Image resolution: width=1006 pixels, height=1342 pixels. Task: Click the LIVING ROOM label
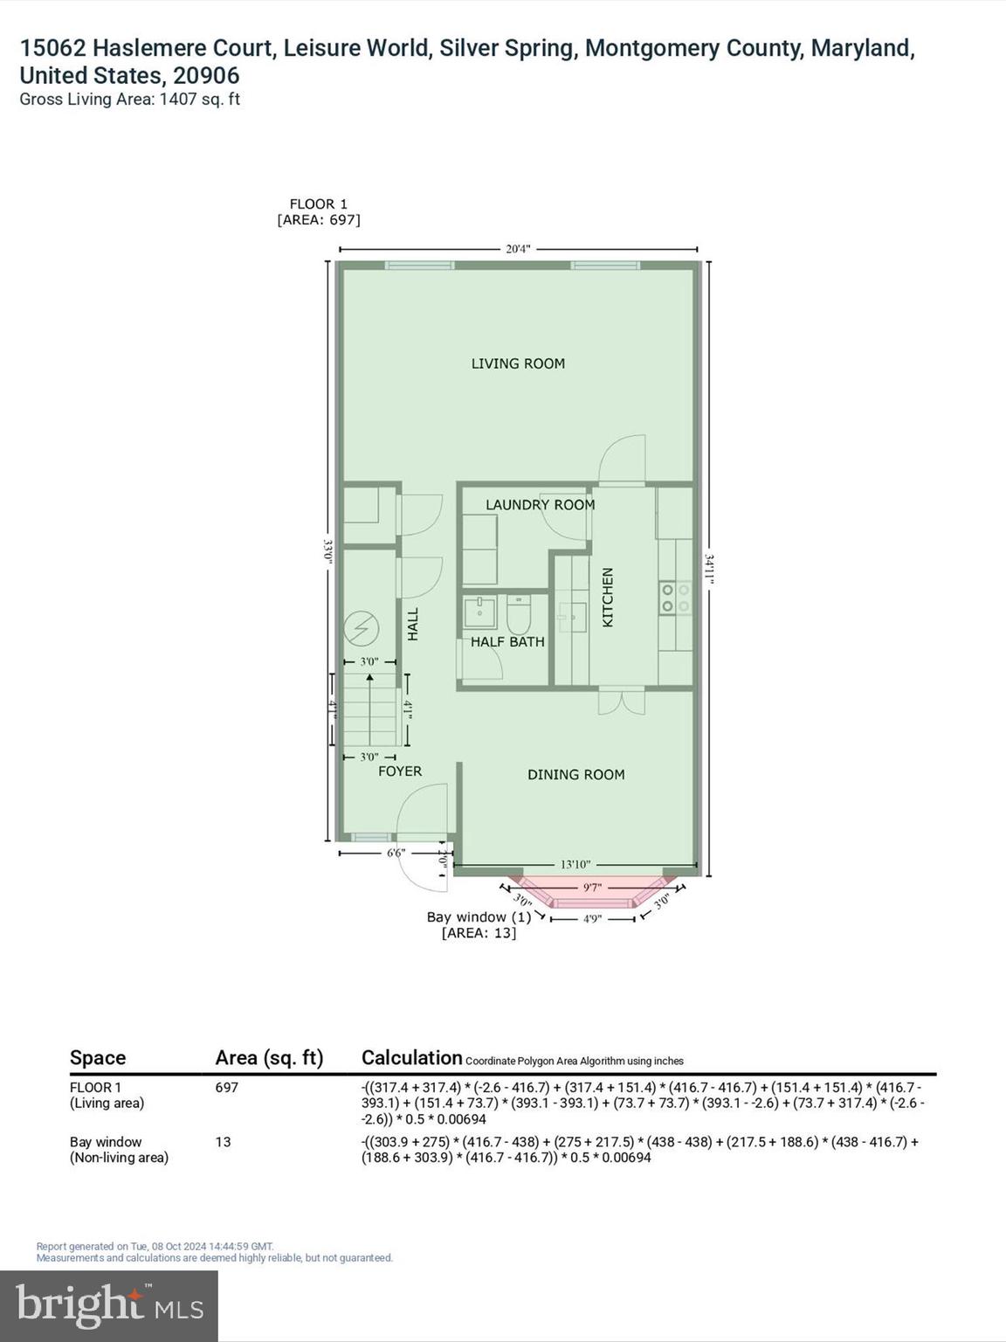(518, 363)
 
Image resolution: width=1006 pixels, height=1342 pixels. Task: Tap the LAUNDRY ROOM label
(540, 505)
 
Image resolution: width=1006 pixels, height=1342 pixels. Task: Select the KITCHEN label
(608, 597)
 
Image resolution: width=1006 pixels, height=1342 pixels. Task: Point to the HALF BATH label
(507, 642)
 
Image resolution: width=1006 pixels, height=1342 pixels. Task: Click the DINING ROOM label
(575, 774)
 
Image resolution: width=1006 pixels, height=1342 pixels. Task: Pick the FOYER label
(400, 771)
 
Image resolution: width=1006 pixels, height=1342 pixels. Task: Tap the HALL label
(413, 624)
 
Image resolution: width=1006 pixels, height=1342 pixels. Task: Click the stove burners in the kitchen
(675, 598)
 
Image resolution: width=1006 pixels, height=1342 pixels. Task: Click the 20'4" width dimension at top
(518, 249)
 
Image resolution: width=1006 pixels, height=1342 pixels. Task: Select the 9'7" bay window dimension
(592, 888)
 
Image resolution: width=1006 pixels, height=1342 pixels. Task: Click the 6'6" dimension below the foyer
(396, 854)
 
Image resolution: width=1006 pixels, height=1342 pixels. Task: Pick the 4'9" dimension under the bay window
(592, 918)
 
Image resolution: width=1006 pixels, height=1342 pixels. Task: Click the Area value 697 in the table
(227, 1088)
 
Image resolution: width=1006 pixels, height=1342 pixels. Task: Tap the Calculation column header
(411, 1058)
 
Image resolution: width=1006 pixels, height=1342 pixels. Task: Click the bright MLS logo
(109, 1306)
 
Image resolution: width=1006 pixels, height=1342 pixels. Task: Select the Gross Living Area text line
(129, 100)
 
